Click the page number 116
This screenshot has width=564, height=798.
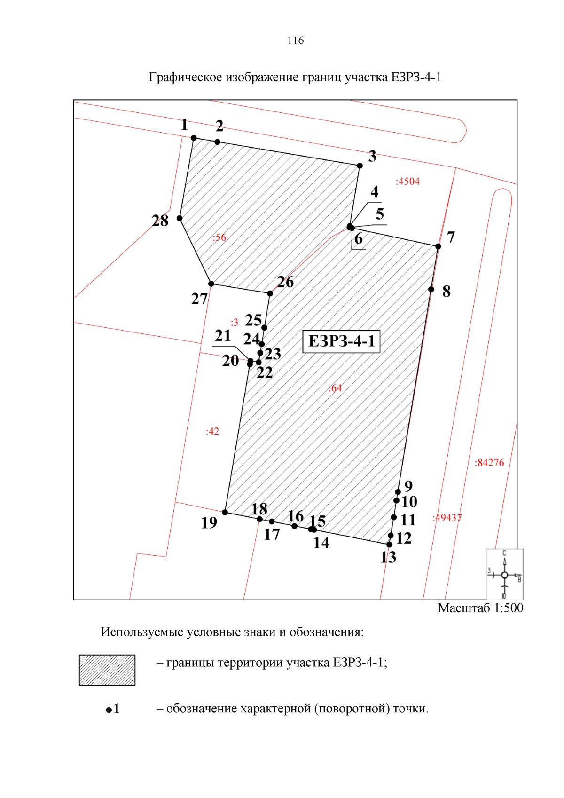tap(296, 40)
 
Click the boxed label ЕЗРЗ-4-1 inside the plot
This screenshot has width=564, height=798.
tap(341, 341)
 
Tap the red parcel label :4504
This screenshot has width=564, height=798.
tap(407, 182)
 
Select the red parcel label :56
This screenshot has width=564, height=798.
tap(219, 237)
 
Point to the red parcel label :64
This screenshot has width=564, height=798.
tap(335, 388)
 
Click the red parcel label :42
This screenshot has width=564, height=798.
tap(212, 432)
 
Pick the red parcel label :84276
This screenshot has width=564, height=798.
tap(489, 463)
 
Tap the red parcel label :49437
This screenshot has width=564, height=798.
tap(447, 518)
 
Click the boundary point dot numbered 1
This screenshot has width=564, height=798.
tap(194, 138)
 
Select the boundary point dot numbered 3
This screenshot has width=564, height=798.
tap(360, 166)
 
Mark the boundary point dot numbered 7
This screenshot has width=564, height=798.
tap(438, 246)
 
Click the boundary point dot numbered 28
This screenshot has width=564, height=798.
tap(180, 218)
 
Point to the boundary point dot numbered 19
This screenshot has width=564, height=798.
tap(225, 512)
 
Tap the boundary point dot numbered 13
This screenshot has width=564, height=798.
tap(389, 545)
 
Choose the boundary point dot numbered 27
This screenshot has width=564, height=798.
tap(211, 284)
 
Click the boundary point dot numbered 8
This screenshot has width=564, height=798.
tap(431, 289)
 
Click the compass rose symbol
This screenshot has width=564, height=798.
tap(505, 575)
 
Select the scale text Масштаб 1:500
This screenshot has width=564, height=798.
tap(480, 608)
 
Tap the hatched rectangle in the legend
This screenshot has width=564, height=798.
tap(107, 670)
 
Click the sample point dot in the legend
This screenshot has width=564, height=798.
tap(109, 710)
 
